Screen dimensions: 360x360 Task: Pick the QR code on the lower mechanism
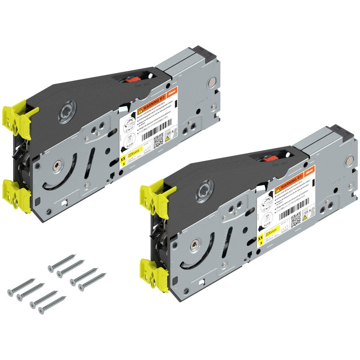[296, 218]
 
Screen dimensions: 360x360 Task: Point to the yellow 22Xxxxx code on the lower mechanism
[272, 230]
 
